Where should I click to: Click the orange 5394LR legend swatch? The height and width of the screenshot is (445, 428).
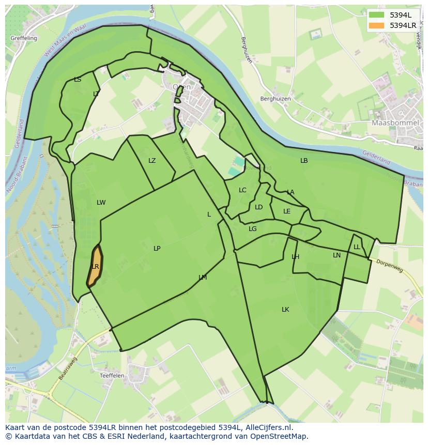click(376, 25)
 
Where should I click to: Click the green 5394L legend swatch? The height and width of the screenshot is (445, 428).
click(376, 14)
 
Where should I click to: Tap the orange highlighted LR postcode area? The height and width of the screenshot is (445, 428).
click(94, 266)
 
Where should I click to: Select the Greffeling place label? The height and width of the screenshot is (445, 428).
click(23, 38)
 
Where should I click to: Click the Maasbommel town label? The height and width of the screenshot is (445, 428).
click(392, 123)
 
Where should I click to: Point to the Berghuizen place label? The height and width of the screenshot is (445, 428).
click(276, 98)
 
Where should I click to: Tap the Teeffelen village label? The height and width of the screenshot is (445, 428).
click(112, 376)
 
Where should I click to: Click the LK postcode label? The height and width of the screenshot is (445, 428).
click(285, 309)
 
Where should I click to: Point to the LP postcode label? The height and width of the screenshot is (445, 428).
click(157, 248)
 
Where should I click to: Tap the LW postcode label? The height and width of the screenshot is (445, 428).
click(101, 202)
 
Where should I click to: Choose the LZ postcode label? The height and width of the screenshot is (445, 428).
click(152, 160)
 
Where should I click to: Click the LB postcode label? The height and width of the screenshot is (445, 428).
click(304, 160)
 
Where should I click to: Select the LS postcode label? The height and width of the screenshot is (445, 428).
click(78, 79)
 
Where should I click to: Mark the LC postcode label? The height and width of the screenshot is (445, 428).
click(242, 190)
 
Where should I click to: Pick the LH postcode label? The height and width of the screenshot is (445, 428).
click(295, 256)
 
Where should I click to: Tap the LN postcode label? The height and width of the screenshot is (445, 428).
click(337, 255)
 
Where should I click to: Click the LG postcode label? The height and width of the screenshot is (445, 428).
click(252, 228)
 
